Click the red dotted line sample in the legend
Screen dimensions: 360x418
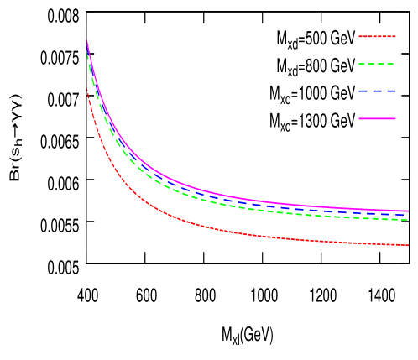tap(377, 36)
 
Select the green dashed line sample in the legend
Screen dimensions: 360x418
tap(377, 64)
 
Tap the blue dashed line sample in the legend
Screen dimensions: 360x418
tap(377, 91)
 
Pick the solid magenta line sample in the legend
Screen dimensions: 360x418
tap(377, 118)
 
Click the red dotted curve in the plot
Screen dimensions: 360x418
tap(210, 227)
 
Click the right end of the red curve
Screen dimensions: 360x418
tap(408, 245)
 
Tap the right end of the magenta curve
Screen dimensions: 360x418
tap(408, 211)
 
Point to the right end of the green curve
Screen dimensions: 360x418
tap(407, 220)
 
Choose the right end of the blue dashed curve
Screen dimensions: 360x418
tap(407, 215)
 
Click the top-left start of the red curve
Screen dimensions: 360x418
tap(87, 90)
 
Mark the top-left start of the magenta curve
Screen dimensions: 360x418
tap(87, 41)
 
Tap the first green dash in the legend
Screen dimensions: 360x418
tap(363, 64)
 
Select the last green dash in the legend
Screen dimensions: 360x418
tap(390, 64)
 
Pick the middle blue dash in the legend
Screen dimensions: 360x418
tap(377, 91)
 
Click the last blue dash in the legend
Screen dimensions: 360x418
tap(391, 91)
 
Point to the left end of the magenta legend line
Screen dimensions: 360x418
tap(360, 118)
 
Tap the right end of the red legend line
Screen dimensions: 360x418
tap(394, 36)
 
